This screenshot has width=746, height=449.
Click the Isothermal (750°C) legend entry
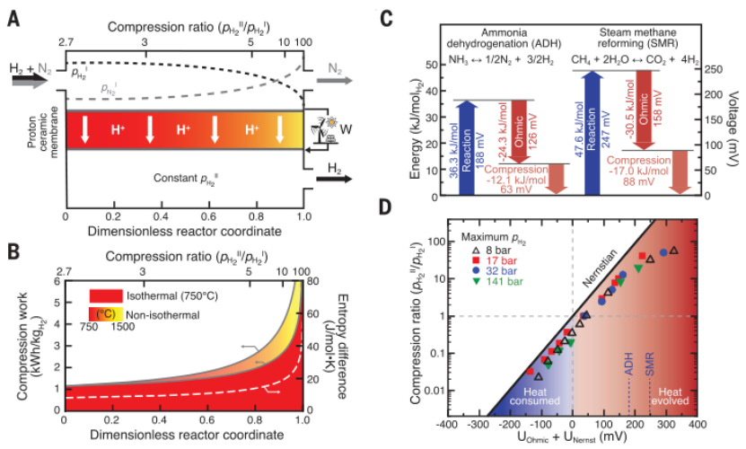point(156,294)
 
